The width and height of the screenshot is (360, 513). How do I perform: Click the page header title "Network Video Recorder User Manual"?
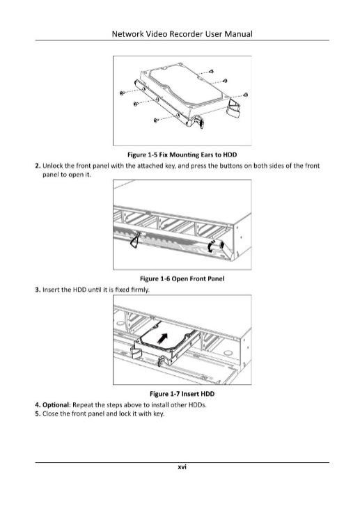[182, 34]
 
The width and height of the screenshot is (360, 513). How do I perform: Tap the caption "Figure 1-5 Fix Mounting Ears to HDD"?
[182, 155]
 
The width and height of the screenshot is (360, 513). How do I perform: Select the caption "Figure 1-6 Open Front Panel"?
[182, 278]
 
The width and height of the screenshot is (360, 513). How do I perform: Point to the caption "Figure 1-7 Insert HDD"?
[182, 393]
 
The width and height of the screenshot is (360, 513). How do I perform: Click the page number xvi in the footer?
[182, 467]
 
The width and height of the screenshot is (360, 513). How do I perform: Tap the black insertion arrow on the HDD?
[163, 338]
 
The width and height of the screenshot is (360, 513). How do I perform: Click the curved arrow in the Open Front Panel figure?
[212, 246]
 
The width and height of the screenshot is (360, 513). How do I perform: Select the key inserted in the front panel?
[135, 240]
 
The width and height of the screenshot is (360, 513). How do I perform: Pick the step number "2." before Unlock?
[38, 166]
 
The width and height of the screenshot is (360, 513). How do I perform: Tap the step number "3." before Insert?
[38, 290]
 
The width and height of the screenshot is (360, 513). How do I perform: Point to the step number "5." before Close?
[38, 413]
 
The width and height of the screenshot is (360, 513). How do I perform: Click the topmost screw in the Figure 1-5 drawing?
[211, 71]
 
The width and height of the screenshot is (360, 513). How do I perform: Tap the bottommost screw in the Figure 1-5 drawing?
[156, 120]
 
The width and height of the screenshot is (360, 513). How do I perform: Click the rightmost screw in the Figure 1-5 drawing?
[245, 95]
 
